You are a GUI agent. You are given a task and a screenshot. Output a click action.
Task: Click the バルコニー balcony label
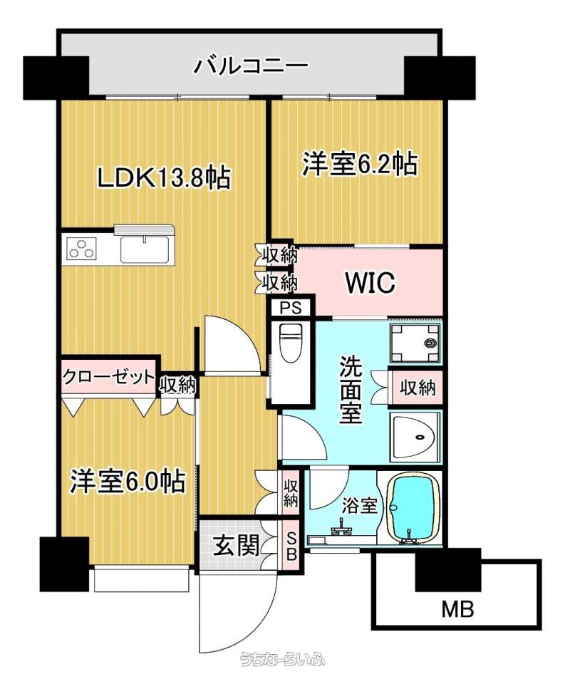[x=252, y=67]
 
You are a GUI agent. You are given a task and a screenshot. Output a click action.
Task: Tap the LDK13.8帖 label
[x=164, y=178]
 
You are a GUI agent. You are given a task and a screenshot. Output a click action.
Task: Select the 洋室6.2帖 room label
[x=360, y=164]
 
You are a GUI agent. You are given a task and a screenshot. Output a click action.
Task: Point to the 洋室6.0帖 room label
[x=128, y=482]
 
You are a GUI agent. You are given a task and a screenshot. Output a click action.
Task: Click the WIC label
[x=370, y=283]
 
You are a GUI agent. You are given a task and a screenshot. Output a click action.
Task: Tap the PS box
[x=291, y=308]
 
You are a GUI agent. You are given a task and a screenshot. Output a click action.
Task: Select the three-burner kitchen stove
[x=82, y=249]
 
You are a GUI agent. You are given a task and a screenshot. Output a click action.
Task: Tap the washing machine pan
[x=415, y=343]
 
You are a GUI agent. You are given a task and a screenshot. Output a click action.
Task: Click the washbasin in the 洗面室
[x=415, y=436]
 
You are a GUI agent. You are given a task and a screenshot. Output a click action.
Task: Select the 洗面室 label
[x=351, y=390]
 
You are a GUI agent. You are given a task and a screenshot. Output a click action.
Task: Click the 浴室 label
[x=359, y=506]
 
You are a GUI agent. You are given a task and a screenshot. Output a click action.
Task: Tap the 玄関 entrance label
[x=236, y=546]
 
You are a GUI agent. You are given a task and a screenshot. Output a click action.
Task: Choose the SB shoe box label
[x=291, y=546]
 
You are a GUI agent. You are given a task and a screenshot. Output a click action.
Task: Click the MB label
[x=457, y=608]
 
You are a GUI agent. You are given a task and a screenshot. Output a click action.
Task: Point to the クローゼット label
[x=108, y=376]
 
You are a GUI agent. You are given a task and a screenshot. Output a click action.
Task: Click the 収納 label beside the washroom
[x=418, y=387]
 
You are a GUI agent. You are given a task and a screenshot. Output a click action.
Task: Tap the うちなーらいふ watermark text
[x=282, y=660]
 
